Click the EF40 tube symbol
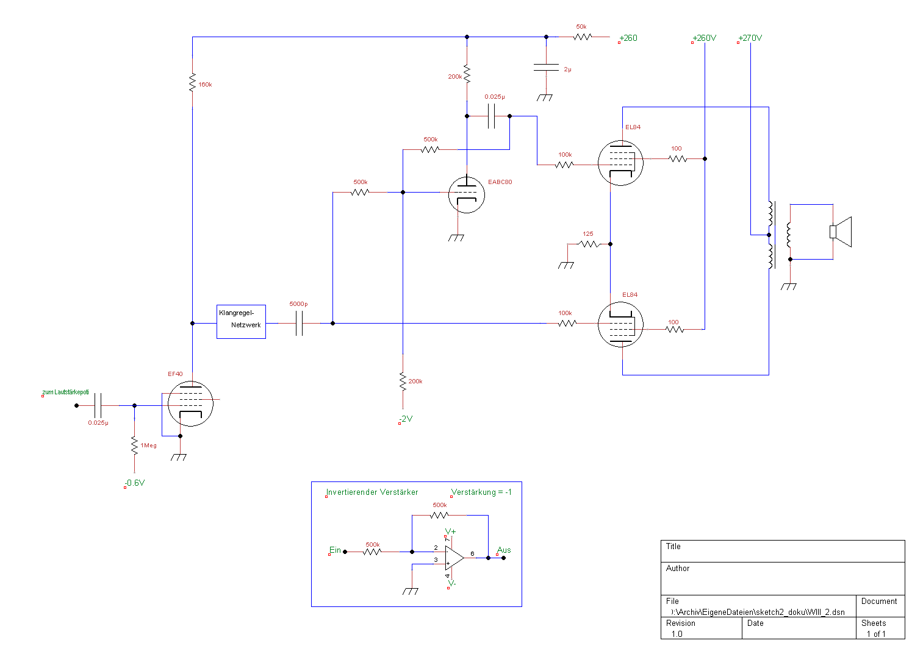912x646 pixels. tap(190, 403)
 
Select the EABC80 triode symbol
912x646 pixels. tap(467, 194)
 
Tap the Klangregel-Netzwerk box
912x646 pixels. tap(241, 321)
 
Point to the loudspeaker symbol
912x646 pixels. tap(841, 232)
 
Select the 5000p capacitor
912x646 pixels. tap(299, 323)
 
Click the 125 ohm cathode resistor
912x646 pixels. tap(589, 244)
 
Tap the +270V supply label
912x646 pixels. tap(750, 38)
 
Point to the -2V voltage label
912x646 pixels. tap(406, 419)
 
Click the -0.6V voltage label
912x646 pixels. tap(135, 483)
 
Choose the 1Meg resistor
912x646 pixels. tap(134, 445)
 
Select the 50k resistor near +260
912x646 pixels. tap(583, 37)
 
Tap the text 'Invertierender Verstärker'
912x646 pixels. tap(372, 492)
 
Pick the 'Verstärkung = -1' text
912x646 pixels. tap(481, 492)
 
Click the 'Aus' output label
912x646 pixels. tap(504, 550)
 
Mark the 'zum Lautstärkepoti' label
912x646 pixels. tap(65, 392)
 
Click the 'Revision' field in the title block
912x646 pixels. tap(681, 623)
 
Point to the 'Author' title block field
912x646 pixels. tap(678, 568)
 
